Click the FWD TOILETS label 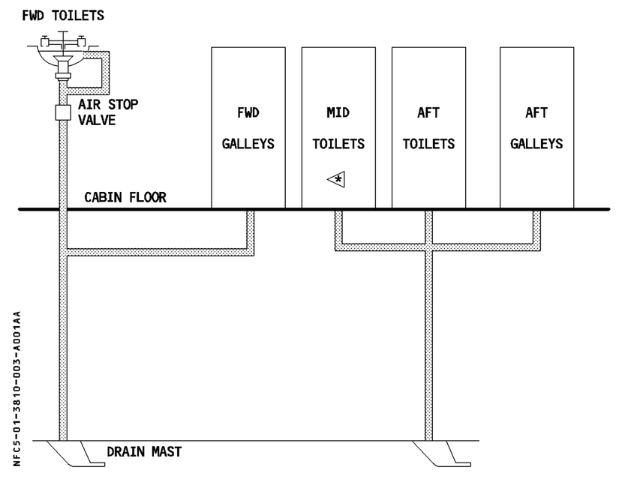click(x=63, y=16)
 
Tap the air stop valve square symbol click(x=63, y=112)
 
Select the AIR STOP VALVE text click(x=108, y=112)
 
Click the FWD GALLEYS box click(x=248, y=127)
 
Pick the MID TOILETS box click(x=338, y=127)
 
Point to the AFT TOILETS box click(x=428, y=127)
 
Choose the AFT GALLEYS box click(x=537, y=127)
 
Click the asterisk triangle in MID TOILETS click(x=336, y=179)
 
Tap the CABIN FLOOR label click(x=125, y=197)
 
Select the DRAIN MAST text click(x=144, y=451)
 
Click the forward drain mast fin click(x=76, y=454)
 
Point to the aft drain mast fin click(x=441, y=454)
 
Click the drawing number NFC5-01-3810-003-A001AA click(x=17, y=388)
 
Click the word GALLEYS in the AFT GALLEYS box click(x=536, y=144)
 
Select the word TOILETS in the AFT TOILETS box click(x=428, y=144)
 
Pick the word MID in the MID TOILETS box click(x=338, y=113)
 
